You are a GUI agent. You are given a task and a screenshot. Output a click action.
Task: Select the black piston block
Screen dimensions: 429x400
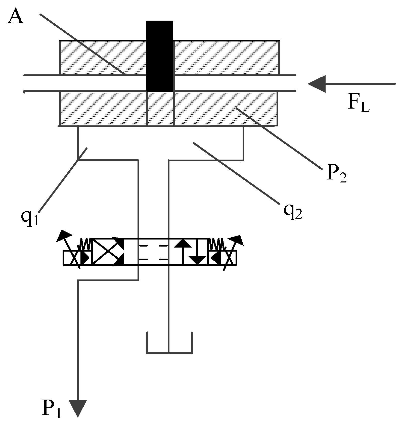pos(160,56)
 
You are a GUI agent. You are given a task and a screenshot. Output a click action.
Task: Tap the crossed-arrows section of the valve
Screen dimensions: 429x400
pos(108,251)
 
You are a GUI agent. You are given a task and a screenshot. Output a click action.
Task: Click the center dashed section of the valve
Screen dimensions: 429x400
pos(153,251)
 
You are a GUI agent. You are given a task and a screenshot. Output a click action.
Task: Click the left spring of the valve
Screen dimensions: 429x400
pos(85,244)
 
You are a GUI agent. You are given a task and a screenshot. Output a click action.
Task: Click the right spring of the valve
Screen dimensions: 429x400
pos(216,244)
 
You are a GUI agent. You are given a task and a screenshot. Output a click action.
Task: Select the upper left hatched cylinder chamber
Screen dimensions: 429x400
pos(103,57)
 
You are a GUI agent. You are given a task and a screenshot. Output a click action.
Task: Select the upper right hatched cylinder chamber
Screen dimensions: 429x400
pos(226,57)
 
